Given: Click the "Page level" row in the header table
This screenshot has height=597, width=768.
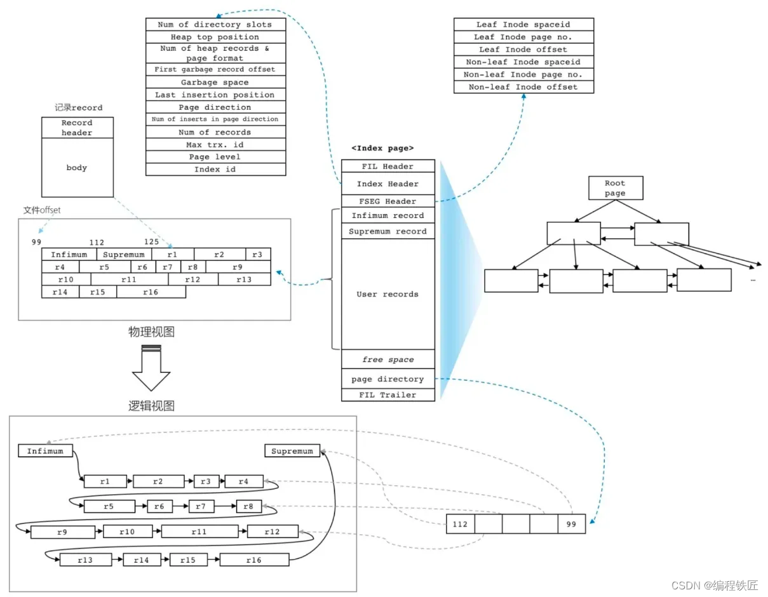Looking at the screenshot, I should [x=215, y=157].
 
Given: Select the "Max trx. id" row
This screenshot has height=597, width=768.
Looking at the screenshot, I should [x=215, y=145].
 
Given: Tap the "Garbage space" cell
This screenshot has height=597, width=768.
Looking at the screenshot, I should [x=215, y=83].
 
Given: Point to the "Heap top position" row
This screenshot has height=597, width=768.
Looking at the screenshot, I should [x=215, y=37].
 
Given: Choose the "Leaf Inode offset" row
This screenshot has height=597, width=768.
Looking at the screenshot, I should [x=523, y=50].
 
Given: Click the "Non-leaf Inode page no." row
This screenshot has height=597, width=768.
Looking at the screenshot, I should [x=523, y=74].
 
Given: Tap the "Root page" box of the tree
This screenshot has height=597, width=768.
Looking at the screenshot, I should [x=614, y=189].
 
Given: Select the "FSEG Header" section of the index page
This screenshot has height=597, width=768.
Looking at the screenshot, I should [x=387, y=201].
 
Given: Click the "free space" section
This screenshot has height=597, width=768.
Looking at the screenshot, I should [x=387, y=359].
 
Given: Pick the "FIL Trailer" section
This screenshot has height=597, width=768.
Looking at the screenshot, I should [x=387, y=395].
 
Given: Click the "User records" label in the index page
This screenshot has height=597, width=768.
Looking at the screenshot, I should [x=387, y=294].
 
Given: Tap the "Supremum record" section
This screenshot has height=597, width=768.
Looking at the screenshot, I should [x=387, y=231].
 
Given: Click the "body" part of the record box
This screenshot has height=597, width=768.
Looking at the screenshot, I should [x=77, y=168].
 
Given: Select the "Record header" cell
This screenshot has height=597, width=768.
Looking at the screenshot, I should [x=77, y=128].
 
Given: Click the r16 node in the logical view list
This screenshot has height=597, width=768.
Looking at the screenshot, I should [x=254, y=560].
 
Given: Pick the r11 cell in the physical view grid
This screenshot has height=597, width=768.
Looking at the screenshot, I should [x=130, y=279].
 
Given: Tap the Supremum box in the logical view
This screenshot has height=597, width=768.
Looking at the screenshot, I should [x=292, y=452].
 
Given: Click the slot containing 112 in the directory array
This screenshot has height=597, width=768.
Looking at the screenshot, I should [x=460, y=525].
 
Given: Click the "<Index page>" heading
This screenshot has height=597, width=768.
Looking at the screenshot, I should [x=382, y=148].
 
